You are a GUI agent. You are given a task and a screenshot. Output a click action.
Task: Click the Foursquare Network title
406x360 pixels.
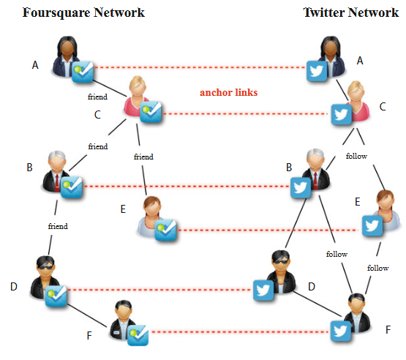83,12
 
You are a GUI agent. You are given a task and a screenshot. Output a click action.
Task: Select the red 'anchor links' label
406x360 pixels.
228,93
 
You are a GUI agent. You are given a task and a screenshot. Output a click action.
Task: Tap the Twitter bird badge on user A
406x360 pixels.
316,71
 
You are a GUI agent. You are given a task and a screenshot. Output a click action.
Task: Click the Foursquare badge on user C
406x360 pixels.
151,112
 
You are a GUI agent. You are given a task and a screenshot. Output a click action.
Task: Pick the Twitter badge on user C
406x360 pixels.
340,114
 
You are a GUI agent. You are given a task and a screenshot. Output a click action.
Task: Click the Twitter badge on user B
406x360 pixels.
298,188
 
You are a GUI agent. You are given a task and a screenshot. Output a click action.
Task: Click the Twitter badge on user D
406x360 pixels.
263,290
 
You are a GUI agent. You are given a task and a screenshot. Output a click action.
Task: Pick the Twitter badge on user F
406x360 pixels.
339,332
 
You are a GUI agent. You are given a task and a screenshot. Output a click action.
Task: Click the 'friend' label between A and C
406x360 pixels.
98,96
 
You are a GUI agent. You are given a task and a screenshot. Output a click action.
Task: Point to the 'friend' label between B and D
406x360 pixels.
57,226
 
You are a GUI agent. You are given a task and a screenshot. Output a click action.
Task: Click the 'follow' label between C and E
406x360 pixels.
356,156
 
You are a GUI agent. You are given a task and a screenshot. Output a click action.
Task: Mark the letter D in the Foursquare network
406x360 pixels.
13,287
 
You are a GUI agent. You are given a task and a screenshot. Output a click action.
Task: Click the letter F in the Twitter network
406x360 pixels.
388,330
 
